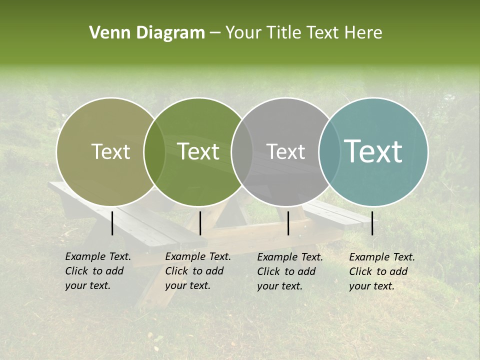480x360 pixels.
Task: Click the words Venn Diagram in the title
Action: point(147,33)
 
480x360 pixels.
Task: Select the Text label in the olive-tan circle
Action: point(110,151)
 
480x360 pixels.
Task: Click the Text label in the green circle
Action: point(198,151)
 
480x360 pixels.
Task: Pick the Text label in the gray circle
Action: point(285,151)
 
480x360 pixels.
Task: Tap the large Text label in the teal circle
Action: point(373,151)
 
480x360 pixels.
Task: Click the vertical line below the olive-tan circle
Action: point(112,223)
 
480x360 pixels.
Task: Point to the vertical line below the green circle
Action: point(200,223)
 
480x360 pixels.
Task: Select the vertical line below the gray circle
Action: point(288,223)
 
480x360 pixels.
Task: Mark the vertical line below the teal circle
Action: point(372,223)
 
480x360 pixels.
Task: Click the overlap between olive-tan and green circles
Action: point(154,152)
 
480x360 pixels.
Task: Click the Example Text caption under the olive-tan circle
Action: point(98,271)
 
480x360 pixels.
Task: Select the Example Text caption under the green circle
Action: point(198,271)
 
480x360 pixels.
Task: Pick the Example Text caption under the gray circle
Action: point(290,271)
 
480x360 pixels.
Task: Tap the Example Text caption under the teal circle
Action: point(382,271)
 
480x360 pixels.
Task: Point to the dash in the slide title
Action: point(215,33)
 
